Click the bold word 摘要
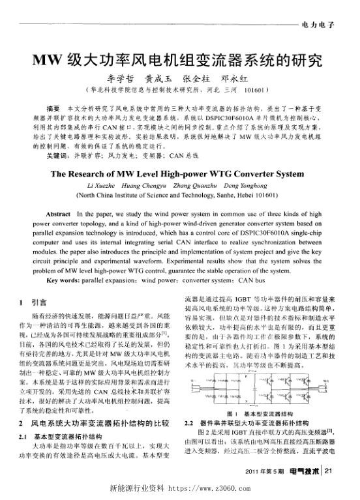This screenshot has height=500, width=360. (x=54, y=106)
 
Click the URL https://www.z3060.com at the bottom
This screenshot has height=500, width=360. (x=215, y=488)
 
